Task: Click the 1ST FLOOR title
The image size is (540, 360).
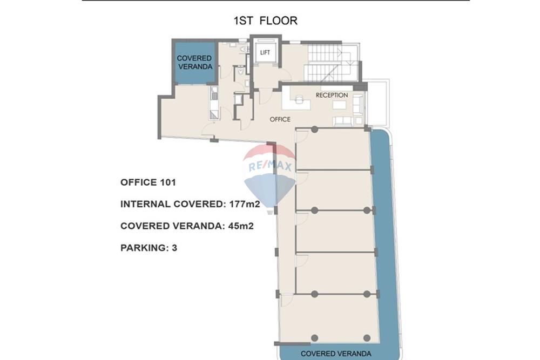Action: pos(265,21)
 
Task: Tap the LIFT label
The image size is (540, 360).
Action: pos(265,52)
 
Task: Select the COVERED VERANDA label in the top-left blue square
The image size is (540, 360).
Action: pos(194,63)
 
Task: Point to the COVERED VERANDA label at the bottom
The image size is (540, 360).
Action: pos(336,354)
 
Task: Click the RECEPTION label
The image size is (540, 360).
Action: pos(332,96)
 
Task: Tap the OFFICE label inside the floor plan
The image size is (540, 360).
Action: pos(280,119)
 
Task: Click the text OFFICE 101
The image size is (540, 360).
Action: pos(148,182)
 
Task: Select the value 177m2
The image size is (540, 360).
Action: pos(243,204)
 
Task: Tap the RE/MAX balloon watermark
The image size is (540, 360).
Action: pos(270,173)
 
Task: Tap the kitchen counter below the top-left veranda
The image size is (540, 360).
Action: pos(214,103)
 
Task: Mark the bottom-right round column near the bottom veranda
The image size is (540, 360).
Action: pos(367,338)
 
